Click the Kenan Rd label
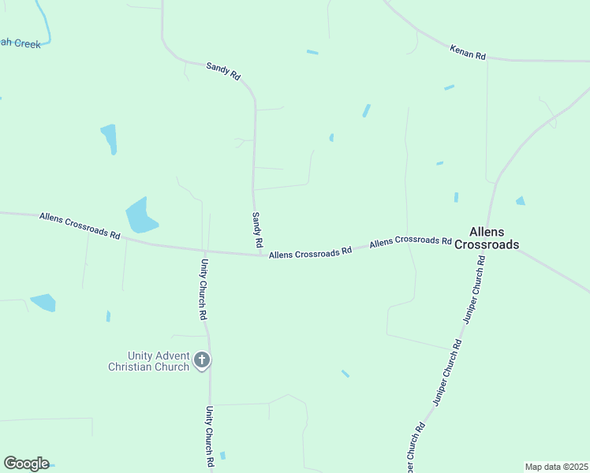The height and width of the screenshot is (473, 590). pyautogui.click(x=468, y=51)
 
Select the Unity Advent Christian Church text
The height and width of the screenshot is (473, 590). pyautogui.click(x=148, y=361)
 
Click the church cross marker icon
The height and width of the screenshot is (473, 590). pyautogui.click(x=202, y=361)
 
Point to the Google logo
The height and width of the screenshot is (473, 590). pyautogui.click(x=26, y=464)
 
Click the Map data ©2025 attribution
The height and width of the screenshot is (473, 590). pyautogui.click(x=556, y=467)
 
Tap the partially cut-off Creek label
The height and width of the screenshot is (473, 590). pyautogui.click(x=20, y=44)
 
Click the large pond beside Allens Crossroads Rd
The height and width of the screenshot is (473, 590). pyautogui.click(x=140, y=215)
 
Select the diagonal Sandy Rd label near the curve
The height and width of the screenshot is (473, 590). pyautogui.click(x=223, y=70)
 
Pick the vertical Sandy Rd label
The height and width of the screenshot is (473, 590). pyautogui.click(x=257, y=230)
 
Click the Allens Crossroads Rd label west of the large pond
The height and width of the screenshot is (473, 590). pyautogui.click(x=79, y=225)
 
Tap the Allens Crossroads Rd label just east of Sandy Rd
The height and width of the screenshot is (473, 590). pyautogui.click(x=310, y=253)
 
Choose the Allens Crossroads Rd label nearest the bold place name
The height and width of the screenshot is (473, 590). pyautogui.click(x=410, y=240)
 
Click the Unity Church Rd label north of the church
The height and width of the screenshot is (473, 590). pyautogui.click(x=204, y=289)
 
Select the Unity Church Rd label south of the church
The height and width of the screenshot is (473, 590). pyautogui.click(x=210, y=437)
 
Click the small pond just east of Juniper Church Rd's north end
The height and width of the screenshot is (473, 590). pyautogui.click(x=520, y=201)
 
